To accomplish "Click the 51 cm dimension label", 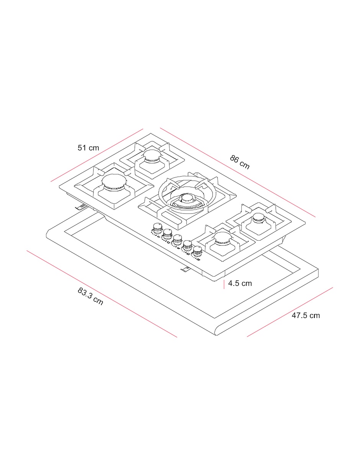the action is coord(88,148).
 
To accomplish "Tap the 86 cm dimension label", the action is coord(240,162).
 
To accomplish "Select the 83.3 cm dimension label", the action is coord(90,296).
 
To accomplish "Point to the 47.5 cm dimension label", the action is coord(306,315).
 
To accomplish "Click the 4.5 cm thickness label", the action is coord(240,283).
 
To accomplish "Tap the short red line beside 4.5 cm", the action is coord(224,284).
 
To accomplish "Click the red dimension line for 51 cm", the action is coord(97,155).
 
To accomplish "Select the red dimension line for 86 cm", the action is coord(237,173).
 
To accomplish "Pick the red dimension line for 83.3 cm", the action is coord(102,294).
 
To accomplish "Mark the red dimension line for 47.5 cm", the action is coord(290,312).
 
